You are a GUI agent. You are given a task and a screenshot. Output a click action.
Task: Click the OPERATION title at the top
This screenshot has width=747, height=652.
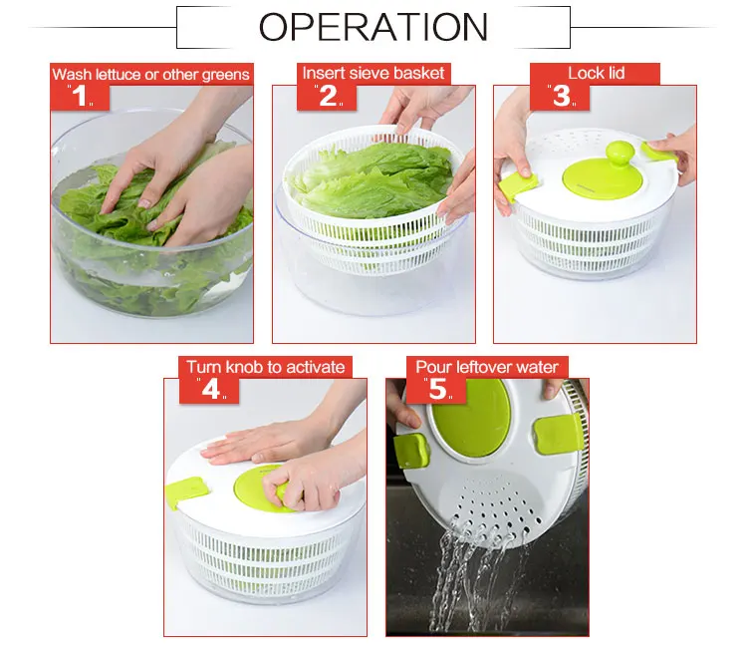(x=373, y=27)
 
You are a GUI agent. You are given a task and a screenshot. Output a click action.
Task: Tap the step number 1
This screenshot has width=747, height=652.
(x=80, y=96)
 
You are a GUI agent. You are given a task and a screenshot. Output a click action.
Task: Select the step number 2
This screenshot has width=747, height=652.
(x=328, y=96)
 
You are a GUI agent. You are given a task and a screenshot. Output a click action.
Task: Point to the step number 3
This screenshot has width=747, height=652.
(x=561, y=96)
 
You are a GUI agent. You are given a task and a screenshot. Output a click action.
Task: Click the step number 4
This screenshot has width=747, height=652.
(x=210, y=389)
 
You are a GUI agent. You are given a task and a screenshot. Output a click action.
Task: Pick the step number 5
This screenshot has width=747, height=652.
(x=438, y=389)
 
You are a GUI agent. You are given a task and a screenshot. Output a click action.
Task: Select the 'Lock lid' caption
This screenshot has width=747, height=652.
(x=596, y=73)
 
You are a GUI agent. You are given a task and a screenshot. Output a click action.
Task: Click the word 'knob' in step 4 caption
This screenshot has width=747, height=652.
(x=244, y=367)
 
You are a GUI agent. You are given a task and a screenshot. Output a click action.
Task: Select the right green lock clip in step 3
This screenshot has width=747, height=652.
(x=658, y=152)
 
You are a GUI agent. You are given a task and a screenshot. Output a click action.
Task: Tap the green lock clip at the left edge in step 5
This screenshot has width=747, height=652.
(x=410, y=451)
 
